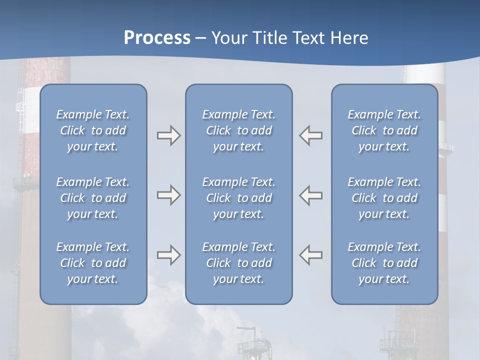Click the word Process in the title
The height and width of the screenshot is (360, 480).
point(157,38)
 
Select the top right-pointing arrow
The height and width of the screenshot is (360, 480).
point(168,135)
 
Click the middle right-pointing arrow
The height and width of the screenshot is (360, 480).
point(168,195)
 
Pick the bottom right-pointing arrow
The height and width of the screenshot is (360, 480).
point(168,255)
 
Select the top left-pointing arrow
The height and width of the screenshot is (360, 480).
point(311,135)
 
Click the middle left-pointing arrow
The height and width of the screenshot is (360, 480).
point(311,195)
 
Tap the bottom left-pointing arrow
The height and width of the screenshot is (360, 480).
point(311,255)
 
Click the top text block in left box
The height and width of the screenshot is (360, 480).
point(93,130)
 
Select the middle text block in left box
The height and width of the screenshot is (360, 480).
point(93,198)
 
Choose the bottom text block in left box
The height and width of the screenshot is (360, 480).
point(93,263)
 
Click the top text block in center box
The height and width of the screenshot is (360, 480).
point(238,130)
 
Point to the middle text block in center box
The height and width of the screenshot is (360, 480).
point(238,198)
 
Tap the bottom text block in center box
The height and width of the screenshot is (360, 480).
point(238,263)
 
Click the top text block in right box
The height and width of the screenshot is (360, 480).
point(384,130)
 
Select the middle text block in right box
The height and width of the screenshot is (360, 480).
point(384,198)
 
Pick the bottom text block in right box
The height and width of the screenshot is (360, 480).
point(384,263)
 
